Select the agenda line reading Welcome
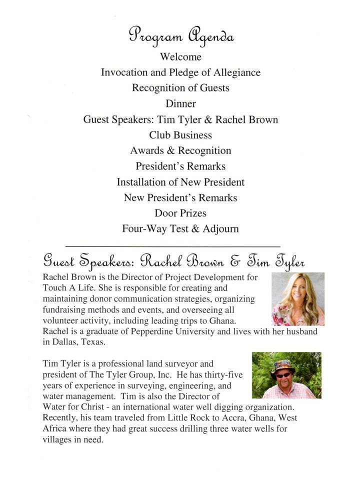tap(180, 57)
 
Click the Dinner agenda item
tap(180, 104)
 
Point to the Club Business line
tap(180, 135)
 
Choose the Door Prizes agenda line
tap(180, 213)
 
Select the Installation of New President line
tap(180, 182)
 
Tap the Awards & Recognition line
tap(180, 151)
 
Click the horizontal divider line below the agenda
tap(172, 246)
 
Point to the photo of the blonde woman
tap(297, 299)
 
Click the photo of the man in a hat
tap(286, 375)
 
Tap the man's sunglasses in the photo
tap(282, 375)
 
